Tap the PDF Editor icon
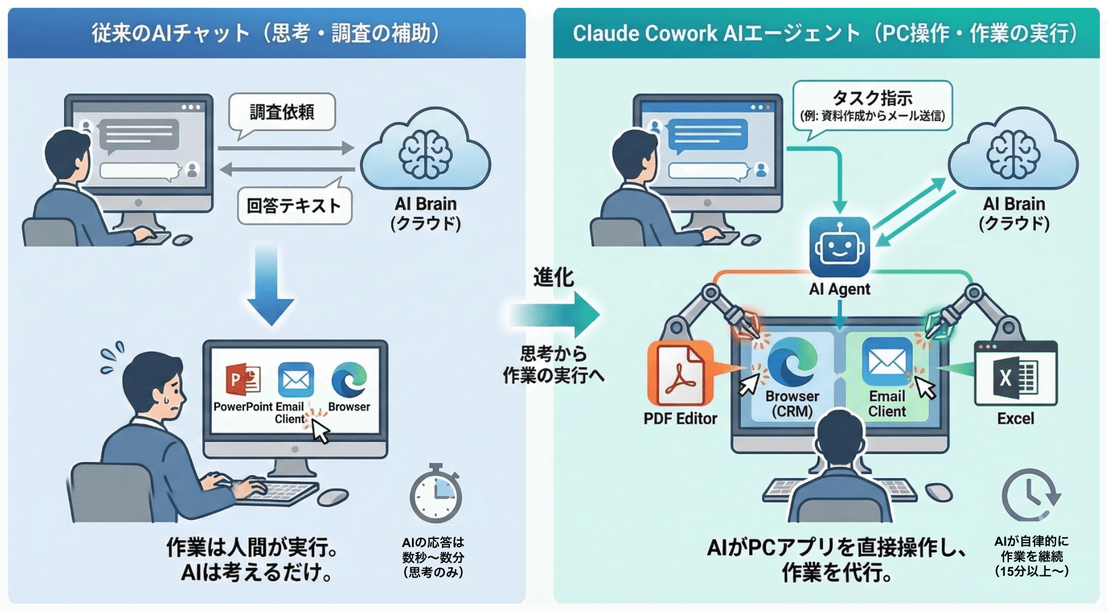pos(680,374)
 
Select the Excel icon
pos(1015,375)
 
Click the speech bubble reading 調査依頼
pos(282,112)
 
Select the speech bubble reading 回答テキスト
pos(294,205)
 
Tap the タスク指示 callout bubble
pos(872,105)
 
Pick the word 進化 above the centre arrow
pos(553,277)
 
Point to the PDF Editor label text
pos(680,419)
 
